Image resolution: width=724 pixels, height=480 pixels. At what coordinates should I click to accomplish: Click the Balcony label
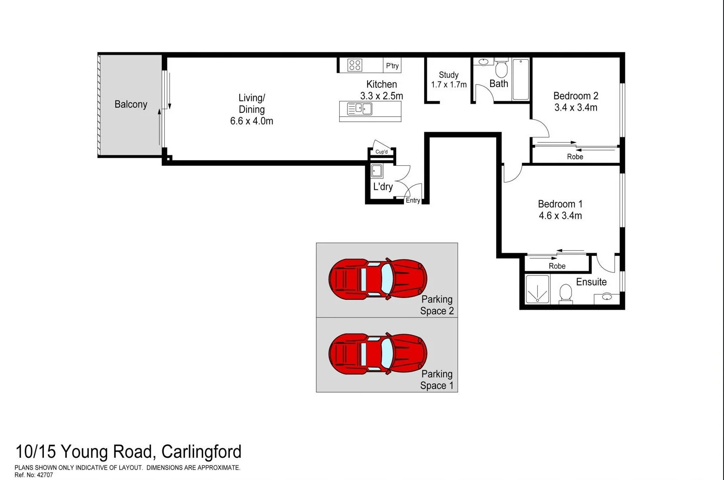[x=131, y=105]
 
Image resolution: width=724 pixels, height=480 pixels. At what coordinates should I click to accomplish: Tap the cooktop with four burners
[x=355, y=65]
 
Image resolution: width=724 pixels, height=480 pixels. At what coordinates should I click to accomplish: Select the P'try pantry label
[x=392, y=66]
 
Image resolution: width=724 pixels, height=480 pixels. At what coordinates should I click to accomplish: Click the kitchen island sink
[x=360, y=109]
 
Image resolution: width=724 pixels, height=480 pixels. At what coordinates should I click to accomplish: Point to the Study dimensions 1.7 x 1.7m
[x=449, y=85]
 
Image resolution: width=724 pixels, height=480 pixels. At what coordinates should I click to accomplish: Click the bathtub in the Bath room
[x=521, y=79]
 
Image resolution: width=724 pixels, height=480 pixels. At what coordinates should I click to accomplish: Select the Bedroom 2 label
[x=576, y=96]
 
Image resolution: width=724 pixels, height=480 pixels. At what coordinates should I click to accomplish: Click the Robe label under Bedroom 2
[x=575, y=157]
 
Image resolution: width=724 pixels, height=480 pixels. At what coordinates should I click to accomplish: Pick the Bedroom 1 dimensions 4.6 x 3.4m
[x=560, y=216]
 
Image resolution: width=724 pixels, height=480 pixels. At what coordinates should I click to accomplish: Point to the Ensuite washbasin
[x=607, y=297]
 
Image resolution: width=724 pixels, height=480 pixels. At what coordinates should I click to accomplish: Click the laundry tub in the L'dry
[x=377, y=171]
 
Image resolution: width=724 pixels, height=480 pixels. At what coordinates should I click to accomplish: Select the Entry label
[x=412, y=200]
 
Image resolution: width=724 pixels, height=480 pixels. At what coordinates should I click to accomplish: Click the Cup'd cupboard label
[x=381, y=152]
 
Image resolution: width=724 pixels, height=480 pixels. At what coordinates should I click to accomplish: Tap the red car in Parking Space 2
[x=378, y=279]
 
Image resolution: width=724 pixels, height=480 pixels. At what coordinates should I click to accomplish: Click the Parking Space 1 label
[x=436, y=380]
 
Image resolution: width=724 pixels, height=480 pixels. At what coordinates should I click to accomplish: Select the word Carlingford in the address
[x=201, y=452]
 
